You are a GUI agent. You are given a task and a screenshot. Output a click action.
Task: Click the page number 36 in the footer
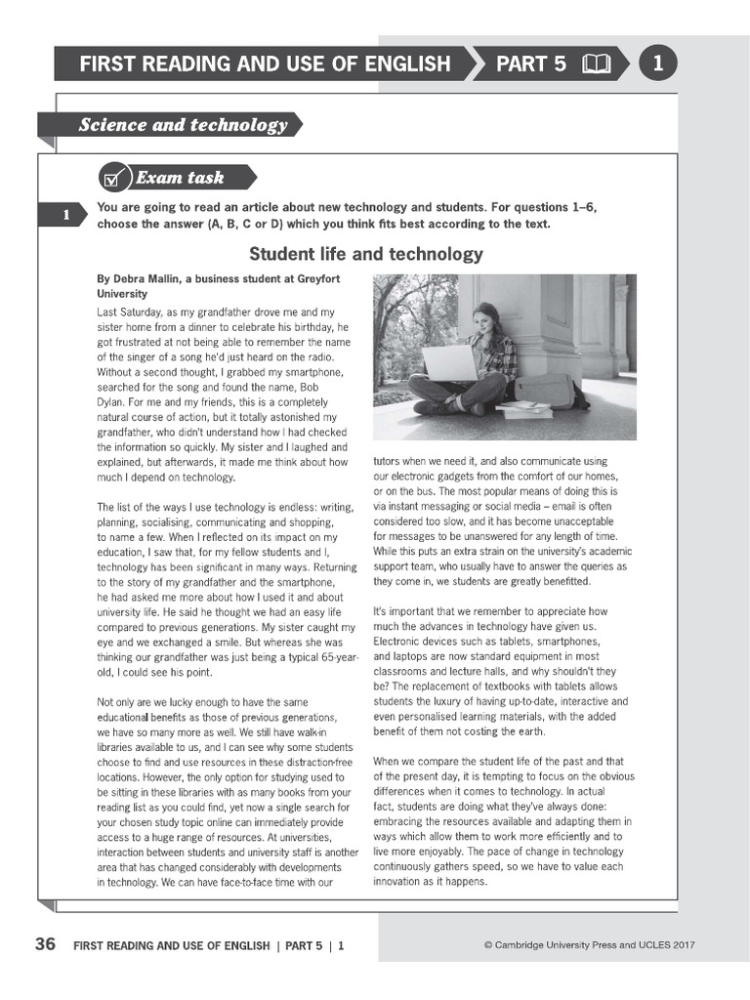coord(45,944)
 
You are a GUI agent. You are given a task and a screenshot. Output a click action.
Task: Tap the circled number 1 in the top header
coord(657,64)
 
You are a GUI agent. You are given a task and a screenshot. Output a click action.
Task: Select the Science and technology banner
coord(183,125)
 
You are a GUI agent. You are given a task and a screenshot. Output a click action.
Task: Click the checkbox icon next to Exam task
coord(114,178)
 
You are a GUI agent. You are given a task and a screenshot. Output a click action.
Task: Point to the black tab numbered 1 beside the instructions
coord(64,216)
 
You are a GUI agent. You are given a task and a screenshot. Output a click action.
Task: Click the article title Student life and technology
coord(366,254)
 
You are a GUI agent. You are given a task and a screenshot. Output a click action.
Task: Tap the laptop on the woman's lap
coord(450,363)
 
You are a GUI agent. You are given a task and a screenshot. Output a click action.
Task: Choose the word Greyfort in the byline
coord(321,278)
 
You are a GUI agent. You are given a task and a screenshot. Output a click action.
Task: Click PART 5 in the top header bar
coord(530,64)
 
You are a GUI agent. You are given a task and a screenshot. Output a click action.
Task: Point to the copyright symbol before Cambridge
coord(487,945)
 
